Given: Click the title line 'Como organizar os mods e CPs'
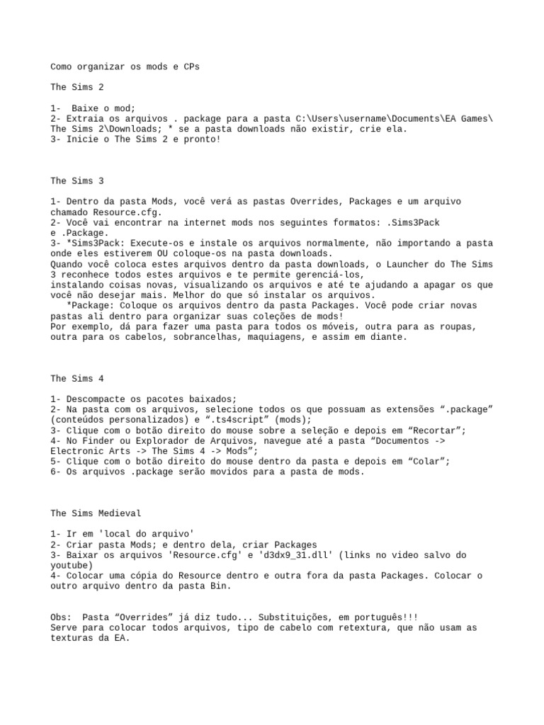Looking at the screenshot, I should coord(125,67).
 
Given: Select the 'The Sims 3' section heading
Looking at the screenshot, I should coord(77,181).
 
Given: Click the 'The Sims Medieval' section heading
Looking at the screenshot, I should coord(95,513).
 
